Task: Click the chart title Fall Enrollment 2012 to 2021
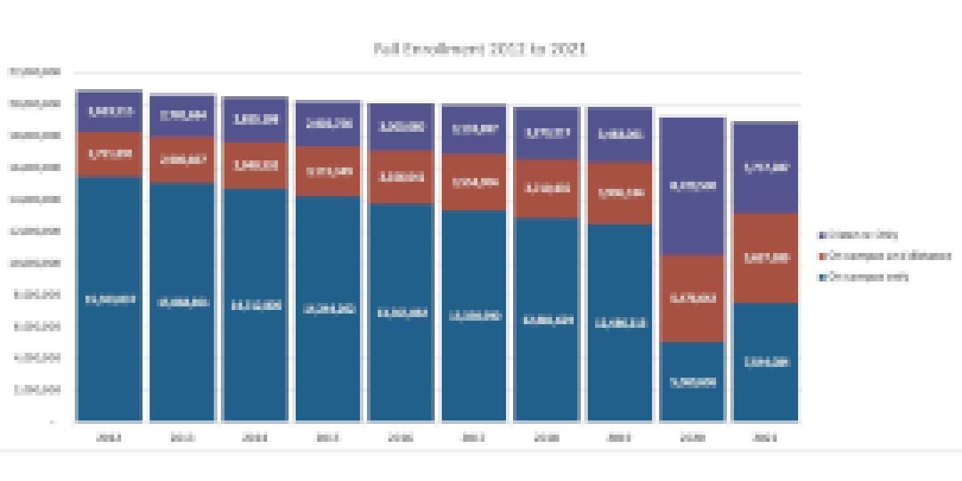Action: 480,49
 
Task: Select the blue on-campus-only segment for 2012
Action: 110,298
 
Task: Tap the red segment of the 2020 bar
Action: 692,298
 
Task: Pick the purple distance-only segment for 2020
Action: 692,186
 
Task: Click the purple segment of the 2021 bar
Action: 765,167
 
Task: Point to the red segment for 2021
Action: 765,257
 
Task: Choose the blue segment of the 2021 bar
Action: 765,362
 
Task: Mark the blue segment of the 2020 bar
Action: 692,381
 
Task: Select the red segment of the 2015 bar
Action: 328,171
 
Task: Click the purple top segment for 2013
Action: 183,115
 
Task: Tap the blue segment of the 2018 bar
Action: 547,319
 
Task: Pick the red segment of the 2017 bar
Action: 474,182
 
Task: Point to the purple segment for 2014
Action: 256,118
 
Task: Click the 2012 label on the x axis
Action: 110,437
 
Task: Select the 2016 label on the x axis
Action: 401,437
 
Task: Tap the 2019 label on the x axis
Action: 620,437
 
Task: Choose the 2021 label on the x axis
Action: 765,437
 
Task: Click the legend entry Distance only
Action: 862,235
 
